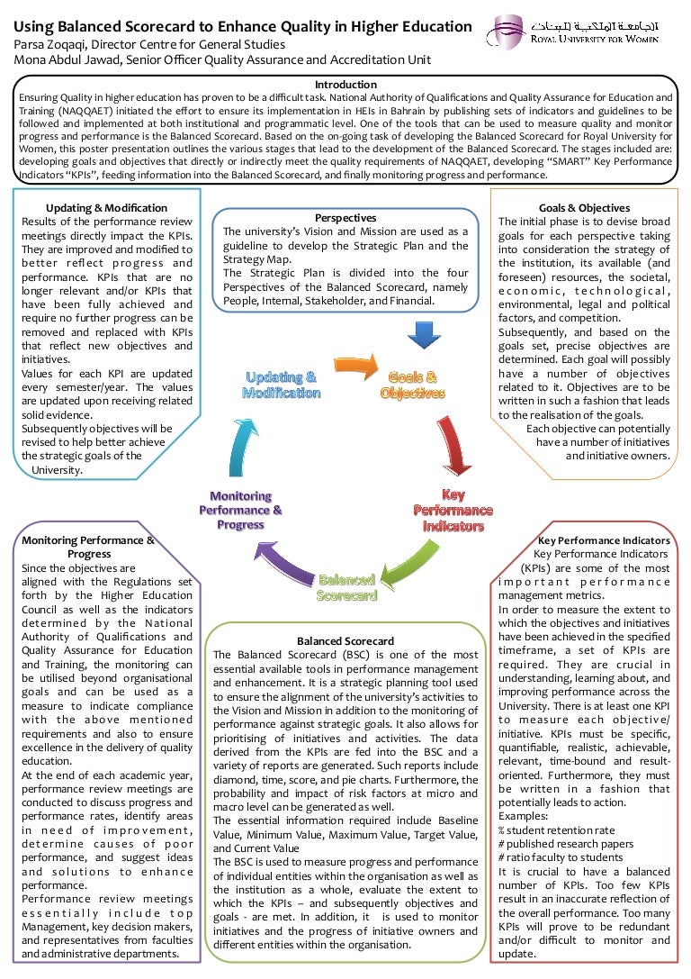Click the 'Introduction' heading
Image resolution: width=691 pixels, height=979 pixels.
(346, 84)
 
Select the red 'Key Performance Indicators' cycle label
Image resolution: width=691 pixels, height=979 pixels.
(453, 510)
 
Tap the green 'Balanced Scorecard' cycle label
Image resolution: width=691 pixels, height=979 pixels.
(346, 587)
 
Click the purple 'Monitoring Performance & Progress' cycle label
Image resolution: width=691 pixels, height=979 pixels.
(240, 510)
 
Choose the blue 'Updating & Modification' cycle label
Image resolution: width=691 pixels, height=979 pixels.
(281, 385)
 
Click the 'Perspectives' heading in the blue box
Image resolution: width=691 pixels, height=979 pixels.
(345, 218)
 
